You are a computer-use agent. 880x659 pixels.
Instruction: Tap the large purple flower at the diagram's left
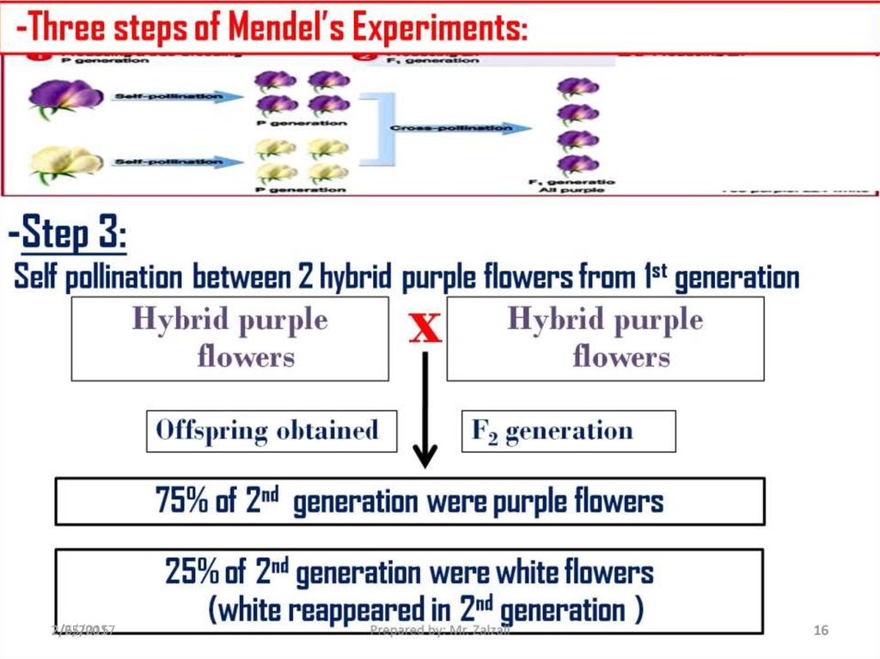(x=65, y=96)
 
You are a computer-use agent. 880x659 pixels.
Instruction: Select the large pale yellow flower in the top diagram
(x=65, y=161)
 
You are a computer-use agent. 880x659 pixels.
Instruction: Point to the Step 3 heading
(x=74, y=235)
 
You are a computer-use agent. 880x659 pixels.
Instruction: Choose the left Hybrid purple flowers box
(x=229, y=339)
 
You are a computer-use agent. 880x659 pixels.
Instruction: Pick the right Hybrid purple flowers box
(x=605, y=339)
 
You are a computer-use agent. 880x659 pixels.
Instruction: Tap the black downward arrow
(x=425, y=412)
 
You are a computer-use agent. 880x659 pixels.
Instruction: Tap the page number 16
(x=821, y=632)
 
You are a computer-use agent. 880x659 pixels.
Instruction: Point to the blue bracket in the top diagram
(x=375, y=129)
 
